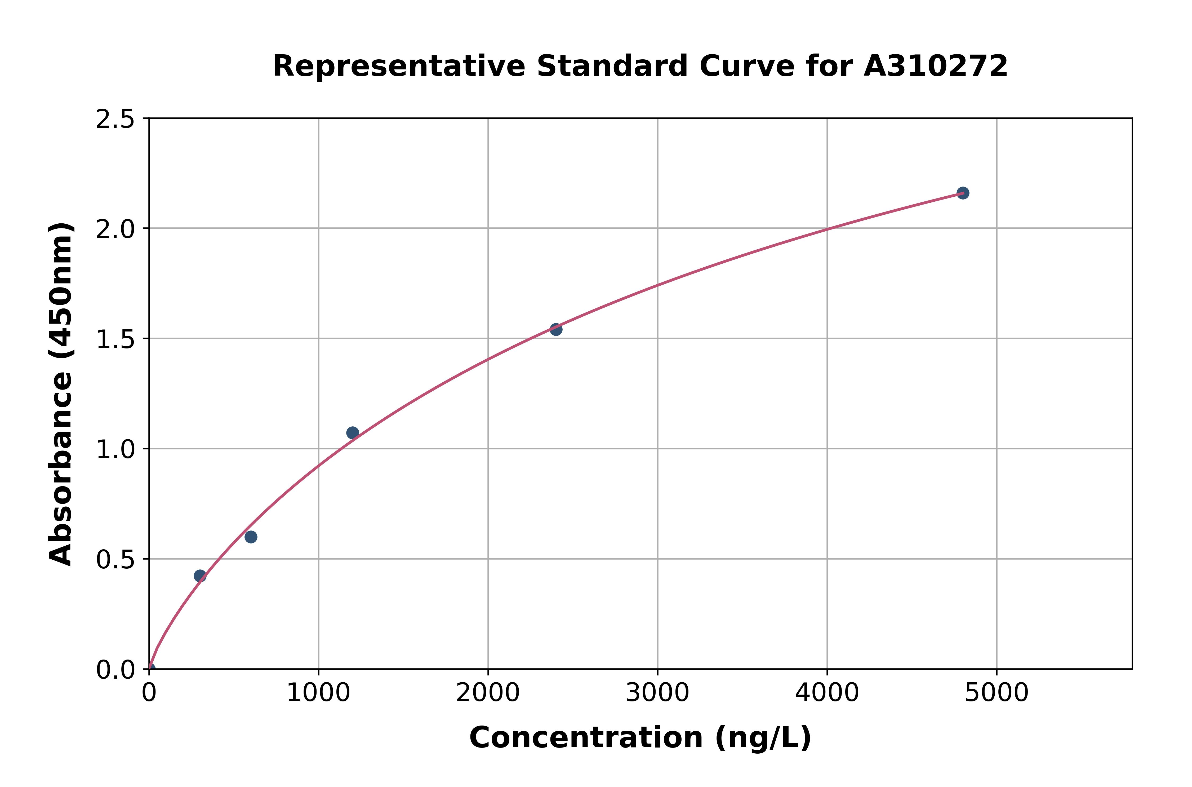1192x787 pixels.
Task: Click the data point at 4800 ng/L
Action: pos(963,193)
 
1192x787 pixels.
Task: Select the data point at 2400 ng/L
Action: pos(556,329)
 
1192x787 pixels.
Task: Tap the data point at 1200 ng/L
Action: pos(353,433)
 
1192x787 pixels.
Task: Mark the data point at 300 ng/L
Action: pos(200,576)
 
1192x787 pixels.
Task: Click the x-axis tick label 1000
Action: pos(318,694)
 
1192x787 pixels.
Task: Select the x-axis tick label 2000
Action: pos(488,694)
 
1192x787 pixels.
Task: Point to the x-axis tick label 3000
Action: pos(657,694)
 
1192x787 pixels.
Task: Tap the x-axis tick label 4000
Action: pos(827,694)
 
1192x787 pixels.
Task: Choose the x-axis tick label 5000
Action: pos(996,694)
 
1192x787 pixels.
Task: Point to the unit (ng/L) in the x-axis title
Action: pos(763,738)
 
